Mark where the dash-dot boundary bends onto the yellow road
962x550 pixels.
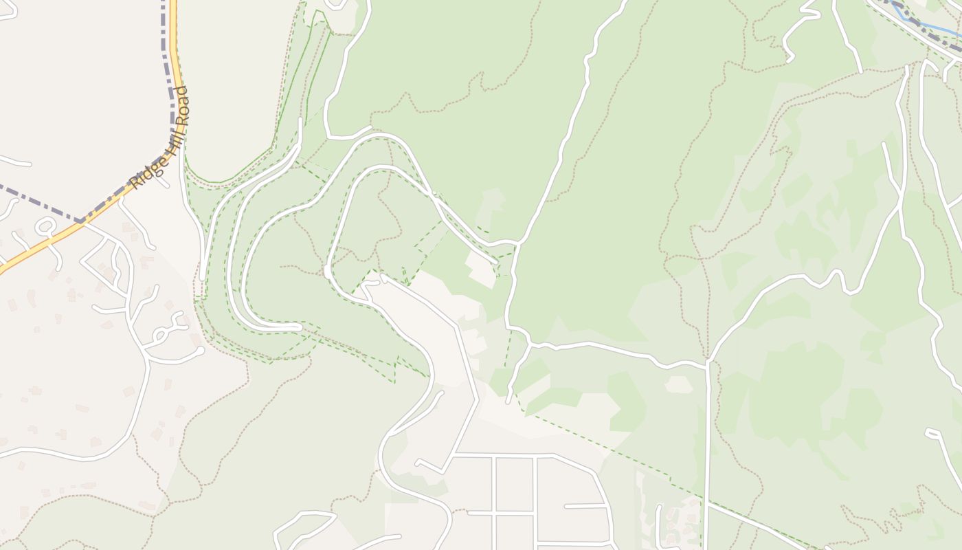[x=82, y=221]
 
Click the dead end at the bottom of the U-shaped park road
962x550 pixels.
[x=299, y=327]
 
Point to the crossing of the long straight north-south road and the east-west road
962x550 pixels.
[x=707, y=362]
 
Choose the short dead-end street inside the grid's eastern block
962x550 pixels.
[x=584, y=506]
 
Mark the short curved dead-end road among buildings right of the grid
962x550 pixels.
[x=660, y=522]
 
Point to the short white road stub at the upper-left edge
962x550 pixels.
[x=14, y=162]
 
